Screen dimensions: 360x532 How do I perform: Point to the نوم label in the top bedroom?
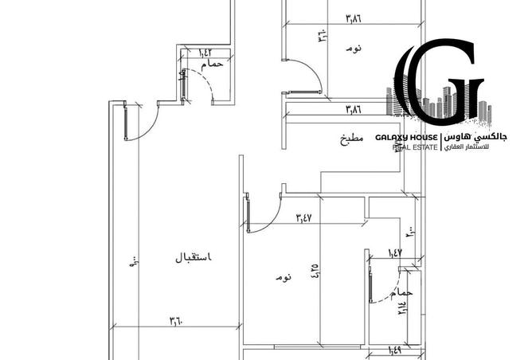point(353,49)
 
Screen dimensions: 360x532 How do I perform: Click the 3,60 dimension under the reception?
point(176,322)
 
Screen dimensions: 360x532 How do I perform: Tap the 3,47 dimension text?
point(303,216)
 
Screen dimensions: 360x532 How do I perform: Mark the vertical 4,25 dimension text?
point(315,272)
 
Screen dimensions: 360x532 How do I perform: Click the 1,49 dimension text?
point(396,349)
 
